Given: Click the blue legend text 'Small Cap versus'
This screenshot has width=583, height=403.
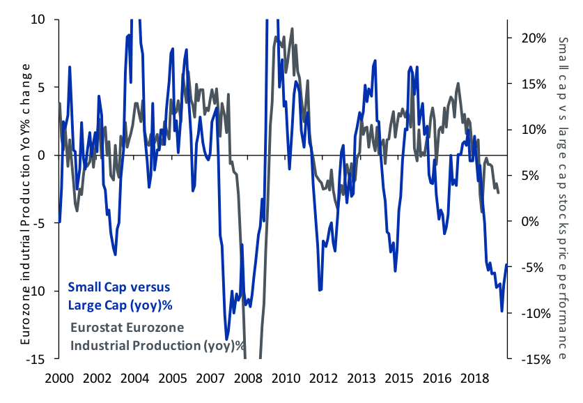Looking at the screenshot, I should click(x=118, y=287).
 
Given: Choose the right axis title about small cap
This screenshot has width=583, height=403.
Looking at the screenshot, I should click(x=563, y=199).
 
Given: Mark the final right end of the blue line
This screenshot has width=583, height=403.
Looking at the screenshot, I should click(x=506, y=264).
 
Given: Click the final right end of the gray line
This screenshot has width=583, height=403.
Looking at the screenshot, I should click(x=499, y=192).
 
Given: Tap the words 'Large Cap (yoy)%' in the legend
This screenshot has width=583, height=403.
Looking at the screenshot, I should click(x=120, y=305).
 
